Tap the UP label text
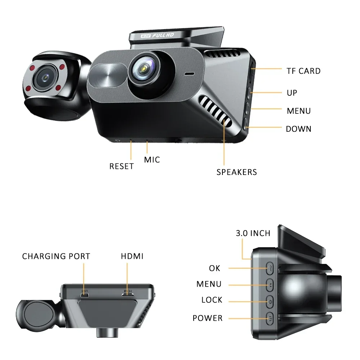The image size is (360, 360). tap(292, 93)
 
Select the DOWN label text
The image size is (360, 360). tap(298, 129)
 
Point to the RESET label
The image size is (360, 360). tap(122, 166)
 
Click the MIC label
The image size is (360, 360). tap(152, 159)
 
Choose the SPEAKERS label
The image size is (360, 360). tap(237, 172)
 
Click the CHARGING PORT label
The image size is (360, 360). tap(56, 256)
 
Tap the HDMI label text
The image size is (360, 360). tap(132, 256)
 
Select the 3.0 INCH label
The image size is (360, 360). tap(253, 233)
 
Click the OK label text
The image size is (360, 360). tap(214, 268)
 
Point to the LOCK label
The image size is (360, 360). tap(212, 300)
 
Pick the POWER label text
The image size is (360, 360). tap(207, 318)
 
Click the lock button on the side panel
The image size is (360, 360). tap(270, 301)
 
